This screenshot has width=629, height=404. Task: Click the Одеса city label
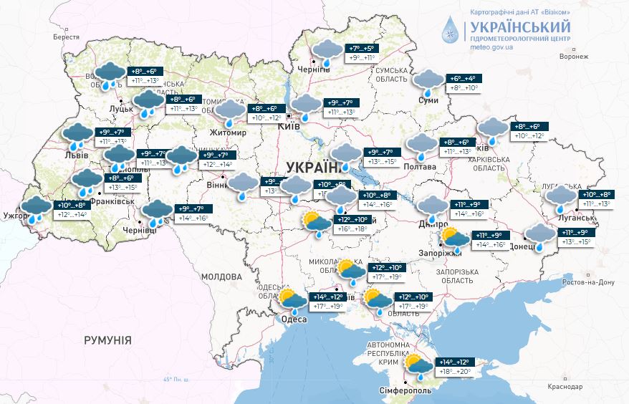pyautogui.click(x=294, y=319)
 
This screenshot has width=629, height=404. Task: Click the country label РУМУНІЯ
pyautogui.click(x=107, y=340)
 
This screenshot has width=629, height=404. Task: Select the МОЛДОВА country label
pyautogui.click(x=221, y=276)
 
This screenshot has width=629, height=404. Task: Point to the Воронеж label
pyautogui.click(x=574, y=57)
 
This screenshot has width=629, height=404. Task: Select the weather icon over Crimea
pyautogui.click(x=418, y=365)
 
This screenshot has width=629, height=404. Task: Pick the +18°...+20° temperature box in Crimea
pyautogui.click(x=454, y=372)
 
